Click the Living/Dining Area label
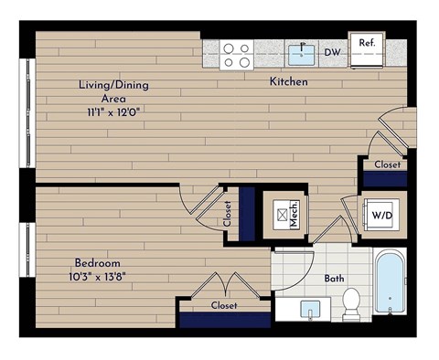pyautogui.click(x=113, y=90)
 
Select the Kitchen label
pyautogui.click(x=288, y=82)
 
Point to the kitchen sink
pyautogui.click(x=302, y=53)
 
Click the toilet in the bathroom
pyautogui.click(x=350, y=304)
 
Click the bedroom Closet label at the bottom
pyautogui.click(x=224, y=306)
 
